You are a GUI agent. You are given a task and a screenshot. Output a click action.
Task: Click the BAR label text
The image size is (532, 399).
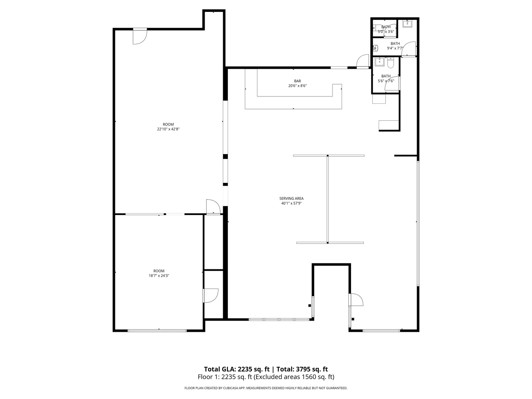click(297, 81)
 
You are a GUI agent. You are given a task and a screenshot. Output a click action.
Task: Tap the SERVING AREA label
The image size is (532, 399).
click(291, 199)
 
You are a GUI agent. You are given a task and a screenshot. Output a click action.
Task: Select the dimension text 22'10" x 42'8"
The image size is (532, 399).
click(168, 129)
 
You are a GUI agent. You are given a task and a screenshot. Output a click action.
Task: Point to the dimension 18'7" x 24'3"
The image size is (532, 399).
click(159, 276)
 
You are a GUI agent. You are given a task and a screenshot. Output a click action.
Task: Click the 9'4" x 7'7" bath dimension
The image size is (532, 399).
click(395, 48)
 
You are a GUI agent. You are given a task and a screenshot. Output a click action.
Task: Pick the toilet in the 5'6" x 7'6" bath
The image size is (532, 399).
click(391, 62)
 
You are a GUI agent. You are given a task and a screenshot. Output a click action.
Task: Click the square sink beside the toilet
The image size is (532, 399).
click(379, 62)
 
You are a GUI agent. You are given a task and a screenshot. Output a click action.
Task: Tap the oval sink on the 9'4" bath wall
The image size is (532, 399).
click(375, 48)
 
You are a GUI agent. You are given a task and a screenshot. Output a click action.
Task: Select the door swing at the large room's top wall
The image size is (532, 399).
click(140, 36)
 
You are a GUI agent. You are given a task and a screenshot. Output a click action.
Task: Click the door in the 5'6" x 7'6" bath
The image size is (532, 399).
click(392, 83)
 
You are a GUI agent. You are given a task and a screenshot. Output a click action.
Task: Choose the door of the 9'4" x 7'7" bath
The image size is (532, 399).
click(409, 49)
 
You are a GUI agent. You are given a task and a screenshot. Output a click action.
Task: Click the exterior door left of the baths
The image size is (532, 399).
click(363, 62)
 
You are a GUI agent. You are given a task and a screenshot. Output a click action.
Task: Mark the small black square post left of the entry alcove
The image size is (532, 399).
click(310, 306)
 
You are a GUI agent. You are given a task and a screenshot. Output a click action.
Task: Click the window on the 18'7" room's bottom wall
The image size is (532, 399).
click(157, 330)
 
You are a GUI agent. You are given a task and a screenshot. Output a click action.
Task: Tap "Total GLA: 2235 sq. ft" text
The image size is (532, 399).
click(236, 369)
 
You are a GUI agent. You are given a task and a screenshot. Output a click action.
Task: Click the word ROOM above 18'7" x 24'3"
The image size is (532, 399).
click(159, 271)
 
